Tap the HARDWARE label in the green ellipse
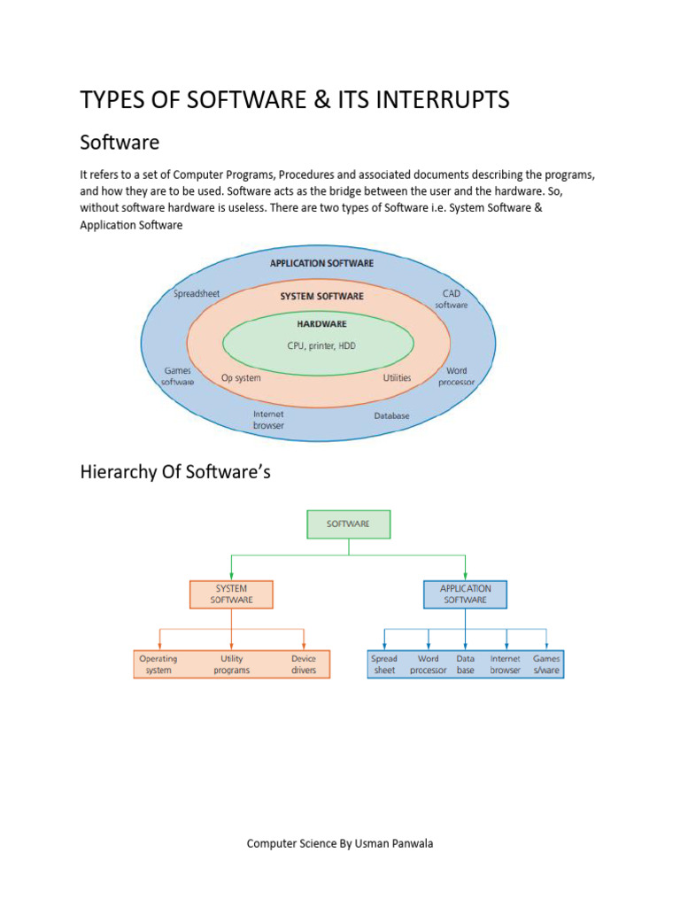(x=321, y=324)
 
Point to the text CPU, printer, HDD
(x=321, y=345)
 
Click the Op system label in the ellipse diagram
(x=241, y=378)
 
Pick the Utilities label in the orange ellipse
(x=397, y=378)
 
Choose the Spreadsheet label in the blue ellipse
(x=197, y=293)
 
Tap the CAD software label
(x=451, y=298)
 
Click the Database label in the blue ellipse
(x=391, y=415)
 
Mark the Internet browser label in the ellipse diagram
(x=268, y=420)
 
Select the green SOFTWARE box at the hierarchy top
(x=348, y=523)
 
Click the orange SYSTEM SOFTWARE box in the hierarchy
(x=231, y=593)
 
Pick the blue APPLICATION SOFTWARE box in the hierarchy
(x=466, y=593)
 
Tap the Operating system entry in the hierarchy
(x=158, y=664)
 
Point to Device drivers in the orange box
(x=304, y=664)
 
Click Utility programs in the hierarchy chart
(x=231, y=664)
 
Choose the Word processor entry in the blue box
(x=429, y=664)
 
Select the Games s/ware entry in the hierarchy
(x=546, y=664)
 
